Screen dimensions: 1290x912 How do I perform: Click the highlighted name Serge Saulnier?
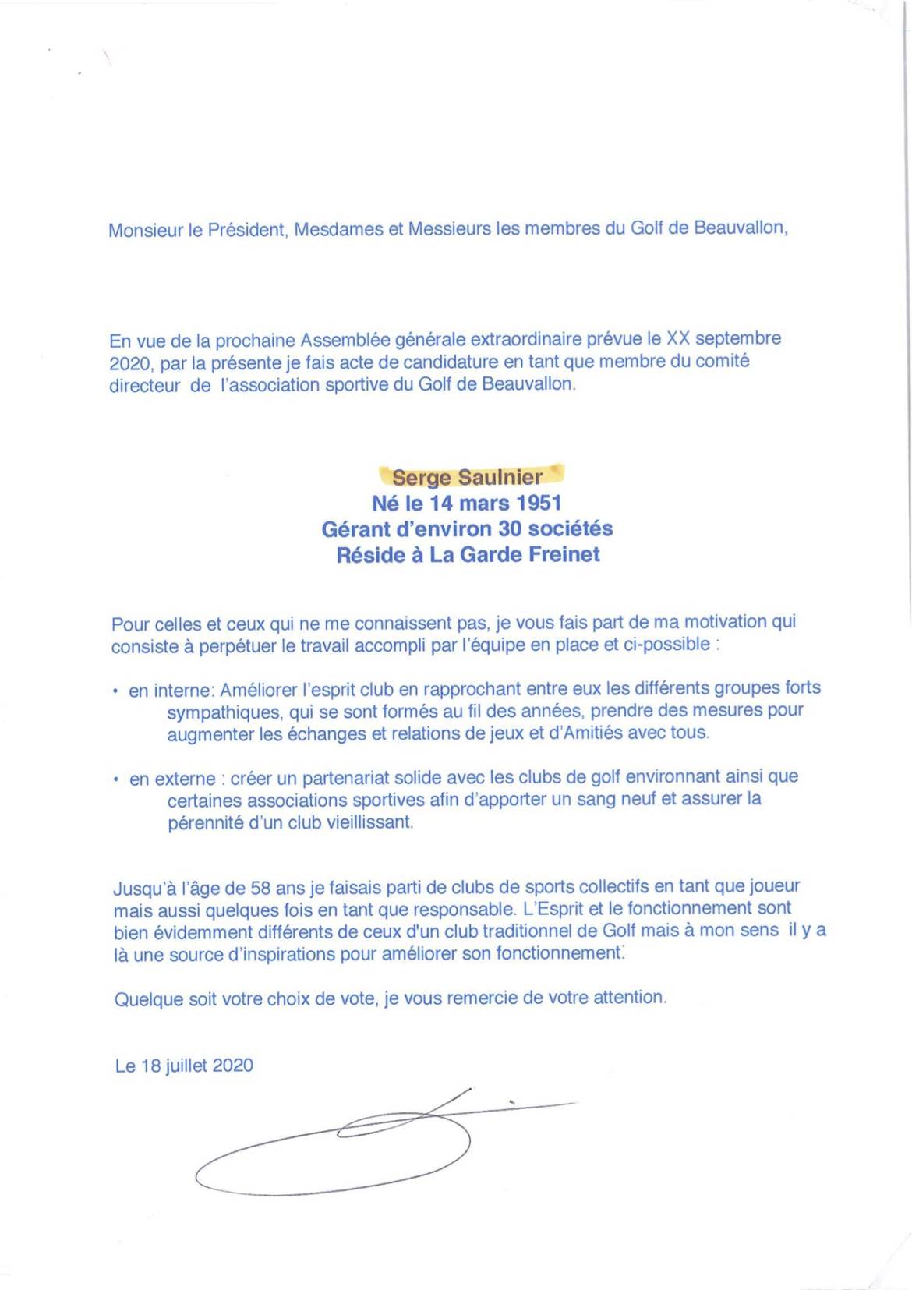[467, 476]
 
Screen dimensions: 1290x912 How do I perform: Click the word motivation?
[716, 622]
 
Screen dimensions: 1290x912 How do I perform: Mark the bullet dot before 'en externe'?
[115, 779]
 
